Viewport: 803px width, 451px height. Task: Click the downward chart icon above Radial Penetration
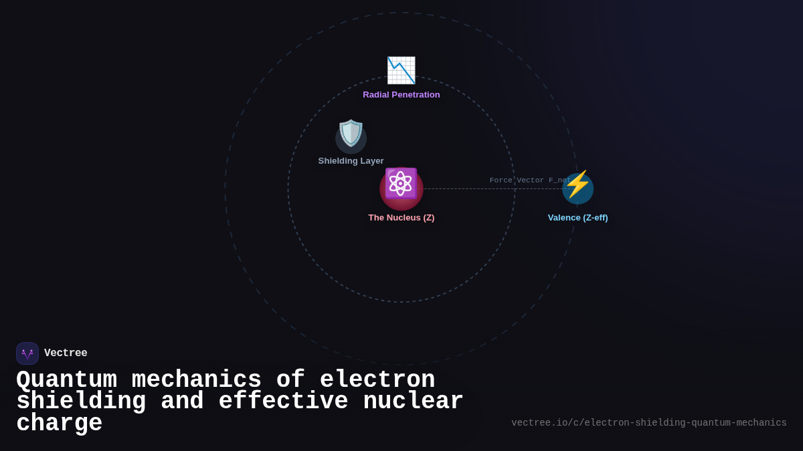click(x=401, y=70)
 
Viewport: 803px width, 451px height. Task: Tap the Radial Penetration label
click(x=401, y=95)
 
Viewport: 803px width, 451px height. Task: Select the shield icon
click(x=351, y=134)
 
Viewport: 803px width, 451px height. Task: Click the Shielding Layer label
click(x=351, y=161)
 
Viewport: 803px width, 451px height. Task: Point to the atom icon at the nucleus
click(x=401, y=184)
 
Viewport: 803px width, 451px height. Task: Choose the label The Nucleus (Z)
click(x=401, y=218)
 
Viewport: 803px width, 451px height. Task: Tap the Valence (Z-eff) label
click(x=577, y=218)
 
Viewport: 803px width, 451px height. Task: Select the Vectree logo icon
click(x=27, y=353)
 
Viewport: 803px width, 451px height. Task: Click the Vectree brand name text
click(x=66, y=353)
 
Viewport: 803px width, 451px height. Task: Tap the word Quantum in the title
click(x=66, y=380)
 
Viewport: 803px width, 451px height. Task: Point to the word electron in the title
click(x=377, y=380)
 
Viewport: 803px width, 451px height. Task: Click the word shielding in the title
click(x=81, y=402)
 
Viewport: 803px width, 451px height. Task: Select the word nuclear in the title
click(x=413, y=402)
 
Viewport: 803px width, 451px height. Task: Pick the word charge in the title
click(x=60, y=424)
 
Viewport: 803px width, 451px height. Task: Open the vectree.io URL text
click(x=648, y=423)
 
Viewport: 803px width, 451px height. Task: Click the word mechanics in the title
click(x=197, y=380)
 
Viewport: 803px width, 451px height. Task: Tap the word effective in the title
click(x=284, y=402)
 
